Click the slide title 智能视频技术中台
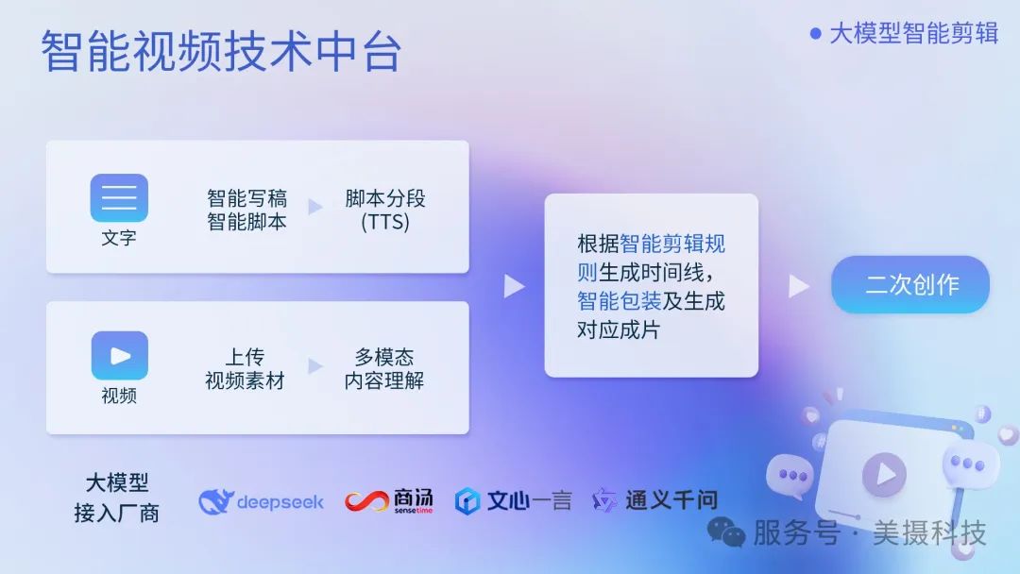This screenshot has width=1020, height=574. pos(221,51)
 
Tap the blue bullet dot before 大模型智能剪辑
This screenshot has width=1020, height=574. pos(816,33)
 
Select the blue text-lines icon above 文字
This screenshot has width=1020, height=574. pos(119,197)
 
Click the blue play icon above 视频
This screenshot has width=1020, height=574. pos(119,355)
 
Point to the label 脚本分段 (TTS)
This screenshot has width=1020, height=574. pos(384,211)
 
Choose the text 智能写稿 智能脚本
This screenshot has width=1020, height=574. pos(246,211)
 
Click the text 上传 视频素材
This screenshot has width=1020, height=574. pos(245,369)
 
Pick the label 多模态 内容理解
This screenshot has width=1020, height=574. pos(384,369)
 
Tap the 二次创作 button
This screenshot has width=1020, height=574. pos(910,285)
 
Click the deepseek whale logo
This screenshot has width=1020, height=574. pos(216,501)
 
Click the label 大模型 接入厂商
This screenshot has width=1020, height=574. pos(117,498)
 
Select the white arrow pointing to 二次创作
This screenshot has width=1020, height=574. pos(799,285)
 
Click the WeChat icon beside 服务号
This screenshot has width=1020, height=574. pos(726,533)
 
